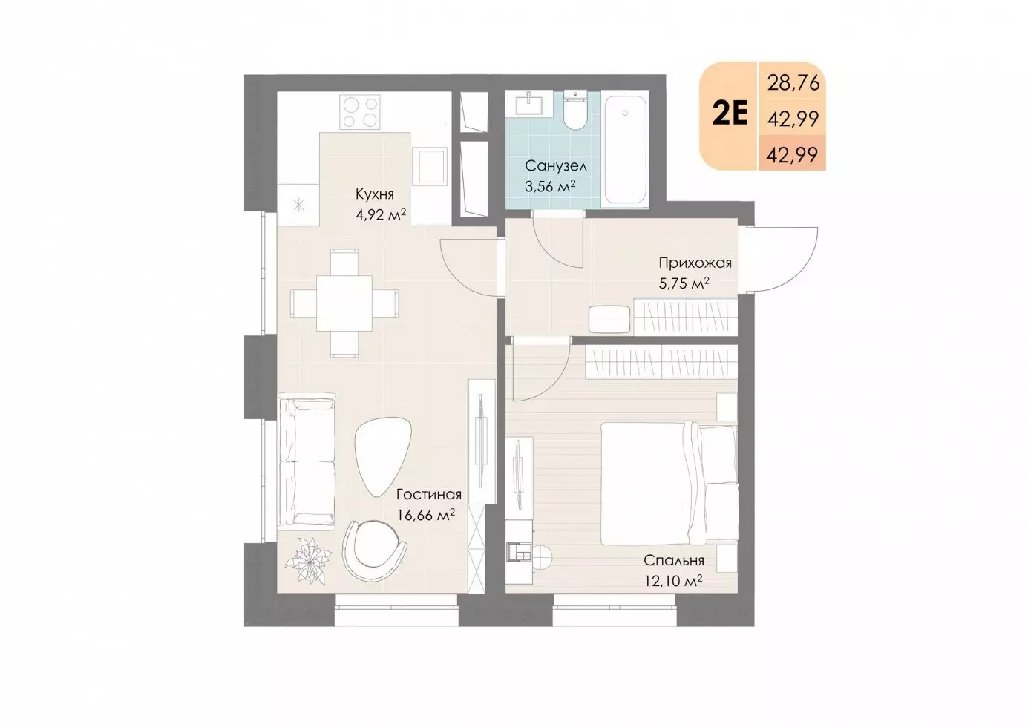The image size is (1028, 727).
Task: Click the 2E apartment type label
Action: (730, 115)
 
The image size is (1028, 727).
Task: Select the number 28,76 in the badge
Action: (793, 83)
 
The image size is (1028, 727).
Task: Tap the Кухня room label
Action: (375, 194)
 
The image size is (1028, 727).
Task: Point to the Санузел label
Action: (556, 165)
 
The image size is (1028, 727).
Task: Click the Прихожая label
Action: (695, 263)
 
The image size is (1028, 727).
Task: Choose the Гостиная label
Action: (429, 495)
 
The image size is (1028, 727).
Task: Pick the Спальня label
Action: (674, 561)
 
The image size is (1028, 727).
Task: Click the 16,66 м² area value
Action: (426, 515)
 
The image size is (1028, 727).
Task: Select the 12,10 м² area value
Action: (673, 581)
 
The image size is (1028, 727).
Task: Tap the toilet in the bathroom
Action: (574, 110)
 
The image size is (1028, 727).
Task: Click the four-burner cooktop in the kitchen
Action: (360, 111)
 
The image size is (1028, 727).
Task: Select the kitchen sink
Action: (430, 166)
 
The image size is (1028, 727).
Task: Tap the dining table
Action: (344, 303)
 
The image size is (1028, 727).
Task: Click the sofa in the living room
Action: (307, 461)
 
